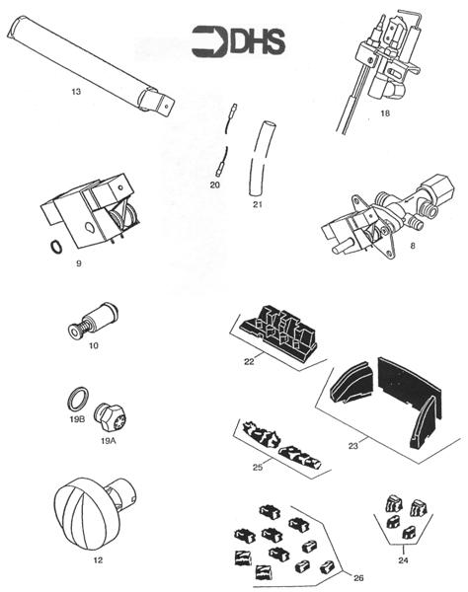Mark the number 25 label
[x=256, y=466]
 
